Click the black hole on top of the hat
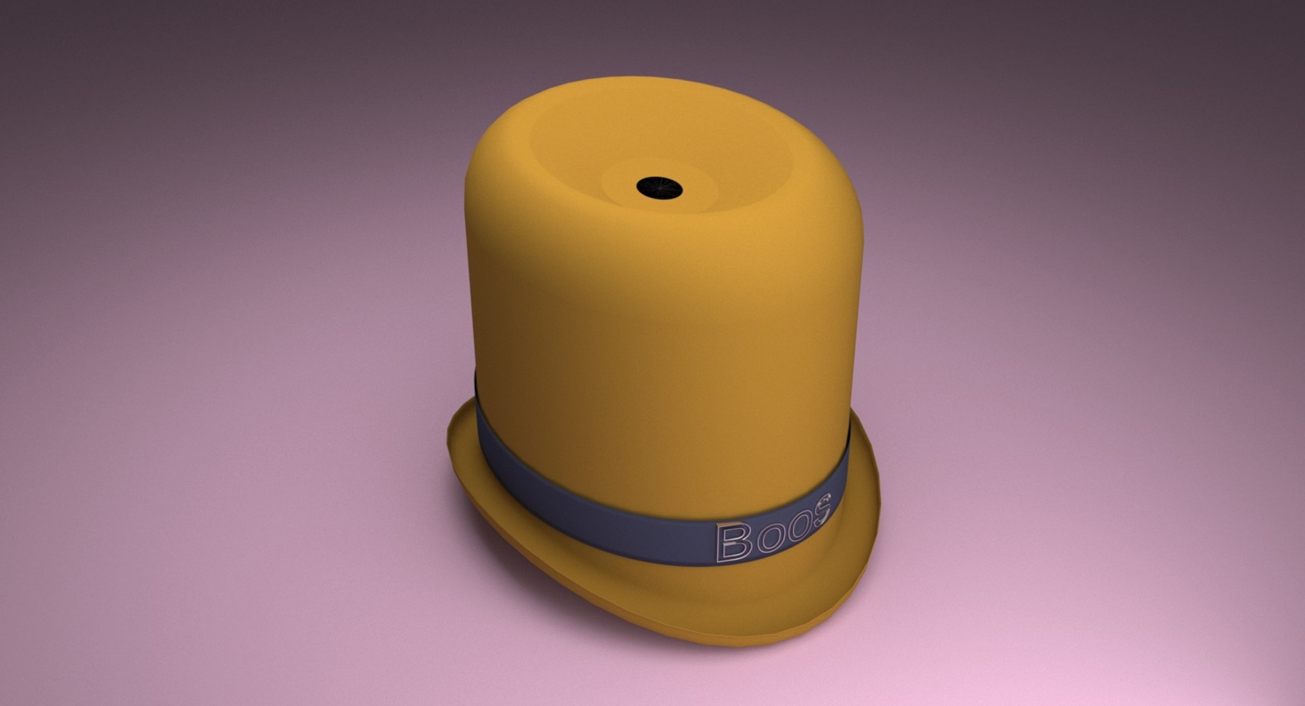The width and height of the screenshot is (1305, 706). pos(659,186)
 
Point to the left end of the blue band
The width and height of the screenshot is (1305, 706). pos(481,422)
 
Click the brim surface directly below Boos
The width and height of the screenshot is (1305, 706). pos(768,592)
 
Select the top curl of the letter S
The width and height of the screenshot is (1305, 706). pos(824,502)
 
